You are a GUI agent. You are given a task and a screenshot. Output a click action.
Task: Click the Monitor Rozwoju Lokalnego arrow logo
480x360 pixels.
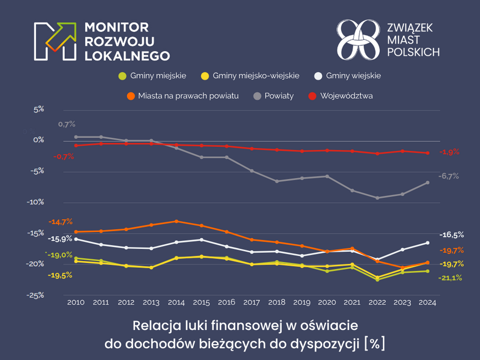(54, 41)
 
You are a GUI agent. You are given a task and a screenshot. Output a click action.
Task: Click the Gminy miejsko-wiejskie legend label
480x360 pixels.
(255, 76)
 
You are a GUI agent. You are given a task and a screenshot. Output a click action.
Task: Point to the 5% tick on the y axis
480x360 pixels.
(38, 109)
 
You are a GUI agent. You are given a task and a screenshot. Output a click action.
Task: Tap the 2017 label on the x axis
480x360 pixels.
(251, 302)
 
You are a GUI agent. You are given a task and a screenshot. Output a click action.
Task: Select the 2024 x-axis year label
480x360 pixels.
(427, 302)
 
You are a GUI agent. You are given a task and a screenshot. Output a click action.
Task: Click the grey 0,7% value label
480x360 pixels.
(67, 124)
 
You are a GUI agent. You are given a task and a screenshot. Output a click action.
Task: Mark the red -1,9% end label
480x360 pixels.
(449, 152)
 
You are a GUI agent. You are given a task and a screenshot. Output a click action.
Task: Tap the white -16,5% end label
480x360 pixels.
(451, 235)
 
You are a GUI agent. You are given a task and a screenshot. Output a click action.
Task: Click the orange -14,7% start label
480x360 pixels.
(60, 221)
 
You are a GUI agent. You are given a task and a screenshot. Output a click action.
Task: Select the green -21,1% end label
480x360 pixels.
(450, 278)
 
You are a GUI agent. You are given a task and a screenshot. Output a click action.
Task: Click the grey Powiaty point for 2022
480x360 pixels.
(377, 198)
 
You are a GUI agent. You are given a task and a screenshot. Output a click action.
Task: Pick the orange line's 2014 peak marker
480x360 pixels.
(176, 221)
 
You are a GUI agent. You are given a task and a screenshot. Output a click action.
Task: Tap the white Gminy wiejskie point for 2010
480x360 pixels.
(76, 239)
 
